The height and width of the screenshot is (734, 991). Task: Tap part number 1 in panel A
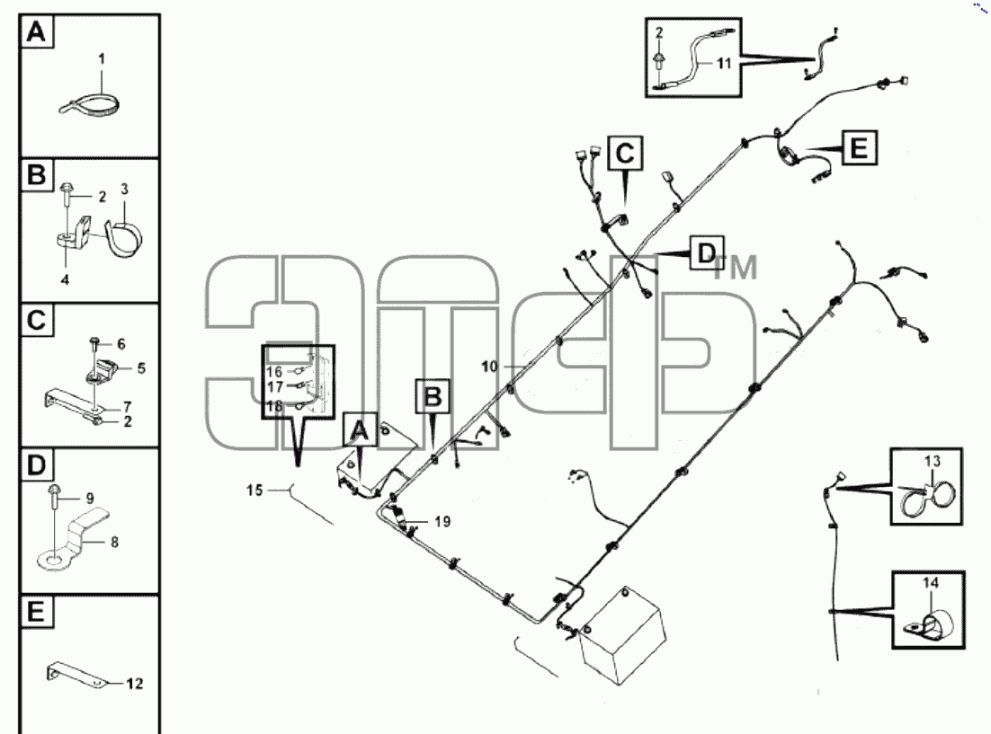[x=102, y=58]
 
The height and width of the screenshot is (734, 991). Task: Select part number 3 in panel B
[x=124, y=189]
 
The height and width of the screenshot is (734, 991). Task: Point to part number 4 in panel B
[x=65, y=279]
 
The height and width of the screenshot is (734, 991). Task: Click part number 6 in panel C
[x=121, y=344]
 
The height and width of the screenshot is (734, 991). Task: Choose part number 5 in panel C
[x=141, y=368]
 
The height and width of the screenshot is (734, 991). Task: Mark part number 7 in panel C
[x=127, y=406]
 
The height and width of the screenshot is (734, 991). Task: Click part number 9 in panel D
[x=90, y=499]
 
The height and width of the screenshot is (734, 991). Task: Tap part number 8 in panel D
[x=114, y=542]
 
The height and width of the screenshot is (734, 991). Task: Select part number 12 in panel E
[x=135, y=684]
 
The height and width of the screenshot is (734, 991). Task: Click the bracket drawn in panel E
[x=76, y=674]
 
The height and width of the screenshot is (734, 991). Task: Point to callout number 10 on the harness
[x=490, y=367]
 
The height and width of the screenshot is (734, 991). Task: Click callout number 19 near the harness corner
[x=442, y=522]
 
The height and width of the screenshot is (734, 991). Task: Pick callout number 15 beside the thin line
[x=254, y=491]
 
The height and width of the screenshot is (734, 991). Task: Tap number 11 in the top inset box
[x=724, y=63]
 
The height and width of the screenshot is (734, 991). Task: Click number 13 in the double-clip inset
[x=933, y=461]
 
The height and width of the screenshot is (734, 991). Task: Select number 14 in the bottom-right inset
[x=931, y=582]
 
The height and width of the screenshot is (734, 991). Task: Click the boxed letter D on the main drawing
[x=707, y=252]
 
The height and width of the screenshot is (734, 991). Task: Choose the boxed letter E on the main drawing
[x=859, y=148]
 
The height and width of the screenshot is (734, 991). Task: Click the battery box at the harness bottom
[x=622, y=635]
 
